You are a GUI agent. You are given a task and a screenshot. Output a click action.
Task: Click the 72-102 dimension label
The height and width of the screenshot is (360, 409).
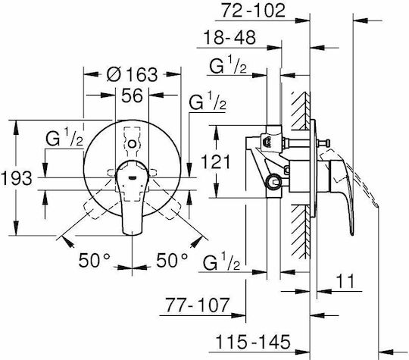pyautogui.click(x=253, y=11)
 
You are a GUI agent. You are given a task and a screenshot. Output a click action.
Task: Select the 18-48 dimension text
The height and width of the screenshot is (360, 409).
pyautogui.click(x=229, y=38)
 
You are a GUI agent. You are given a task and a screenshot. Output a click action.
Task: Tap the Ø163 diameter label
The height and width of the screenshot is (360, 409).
pyautogui.click(x=133, y=74)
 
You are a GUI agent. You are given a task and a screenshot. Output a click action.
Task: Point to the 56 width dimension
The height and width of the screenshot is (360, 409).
pyautogui.click(x=133, y=95)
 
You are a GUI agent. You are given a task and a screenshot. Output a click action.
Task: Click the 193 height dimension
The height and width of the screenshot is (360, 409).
pyautogui.click(x=17, y=179)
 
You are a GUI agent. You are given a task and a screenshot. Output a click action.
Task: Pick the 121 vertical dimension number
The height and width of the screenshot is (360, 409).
pyautogui.click(x=216, y=162)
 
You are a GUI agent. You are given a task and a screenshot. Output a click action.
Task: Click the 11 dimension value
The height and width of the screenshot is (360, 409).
pyautogui.click(x=345, y=281)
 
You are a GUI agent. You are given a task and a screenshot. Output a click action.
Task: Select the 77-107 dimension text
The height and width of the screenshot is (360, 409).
pyautogui.click(x=198, y=305)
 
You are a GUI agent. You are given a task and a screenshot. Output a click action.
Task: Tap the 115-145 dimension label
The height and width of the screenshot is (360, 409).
pyautogui.click(x=253, y=342)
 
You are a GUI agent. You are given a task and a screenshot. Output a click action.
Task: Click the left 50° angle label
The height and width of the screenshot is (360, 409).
pyautogui.click(x=95, y=260)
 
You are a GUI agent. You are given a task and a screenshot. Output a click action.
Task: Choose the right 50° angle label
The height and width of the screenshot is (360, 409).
pyautogui.click(x=172, y=260)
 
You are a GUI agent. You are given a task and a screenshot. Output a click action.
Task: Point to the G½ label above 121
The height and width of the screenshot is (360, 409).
pyautogui.click(x=228, y=64)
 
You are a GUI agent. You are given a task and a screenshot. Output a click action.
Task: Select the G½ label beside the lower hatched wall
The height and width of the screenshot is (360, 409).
pyautogui.click(x=221, y=261)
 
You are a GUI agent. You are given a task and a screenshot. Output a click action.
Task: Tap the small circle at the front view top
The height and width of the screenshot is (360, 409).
pyautogui.click(x=133, y=144)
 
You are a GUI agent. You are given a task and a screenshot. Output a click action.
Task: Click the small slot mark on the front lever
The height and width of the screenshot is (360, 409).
pyautogui.click(x=132, y=178)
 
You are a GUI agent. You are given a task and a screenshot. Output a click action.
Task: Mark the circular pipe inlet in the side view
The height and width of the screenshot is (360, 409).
pyautogui.click(x=273, y=182)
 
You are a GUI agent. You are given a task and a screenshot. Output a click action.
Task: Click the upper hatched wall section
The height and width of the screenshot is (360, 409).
pyautogui.click(x=301, y=111)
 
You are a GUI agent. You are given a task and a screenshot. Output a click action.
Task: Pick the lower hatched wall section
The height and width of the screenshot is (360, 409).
pyautogui.click(x=301, y=232)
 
